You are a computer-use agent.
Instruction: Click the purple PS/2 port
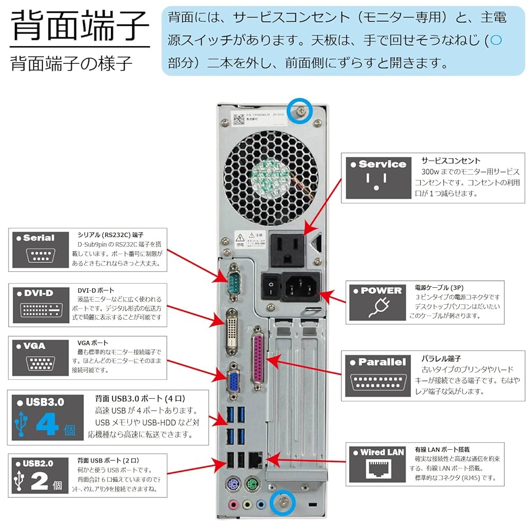232,484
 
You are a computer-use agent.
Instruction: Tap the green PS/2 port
252,484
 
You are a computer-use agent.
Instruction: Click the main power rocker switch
271,287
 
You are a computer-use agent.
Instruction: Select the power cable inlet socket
299,287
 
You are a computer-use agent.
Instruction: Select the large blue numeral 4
50,426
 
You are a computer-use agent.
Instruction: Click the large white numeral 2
40,480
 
